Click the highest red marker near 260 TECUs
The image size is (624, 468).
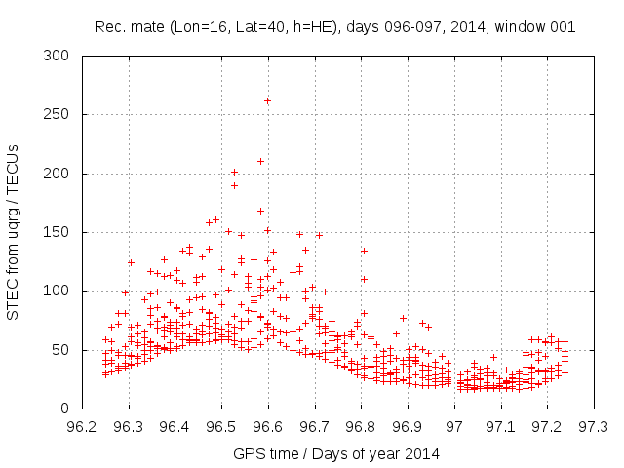pyautogui.click(x=267, y=100)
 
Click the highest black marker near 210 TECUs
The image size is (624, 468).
pyautogui.click(x=260, y=161)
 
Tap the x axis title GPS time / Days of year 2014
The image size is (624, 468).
pyautogui.click(x=336, y=453)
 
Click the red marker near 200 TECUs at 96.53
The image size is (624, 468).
pyautogui.click(x=234, y=173)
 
